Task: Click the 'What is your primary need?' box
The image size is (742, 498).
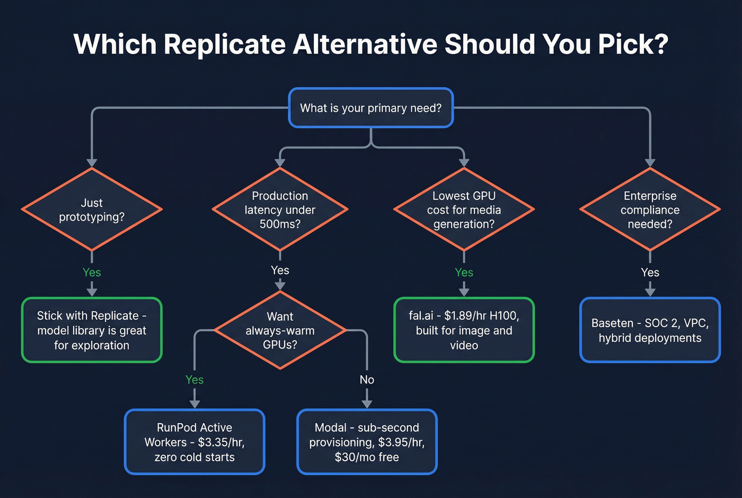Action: (x=370, y=108)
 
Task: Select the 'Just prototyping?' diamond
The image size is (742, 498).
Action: (x=92, y=209)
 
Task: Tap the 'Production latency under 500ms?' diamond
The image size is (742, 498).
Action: (x=280, y=209)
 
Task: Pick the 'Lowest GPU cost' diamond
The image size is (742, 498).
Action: (x=464, y=209)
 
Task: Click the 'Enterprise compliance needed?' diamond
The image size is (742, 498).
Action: (x=650, y=209)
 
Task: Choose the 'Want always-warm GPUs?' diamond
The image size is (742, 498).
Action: (x=280, y=330)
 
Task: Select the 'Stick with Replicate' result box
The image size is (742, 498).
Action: (x=92, y=330)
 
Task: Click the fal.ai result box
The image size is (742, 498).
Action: (x=464, y=330)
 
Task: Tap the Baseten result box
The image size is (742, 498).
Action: (x=650, y=330)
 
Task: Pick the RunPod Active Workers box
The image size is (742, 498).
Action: (x=195, y=442)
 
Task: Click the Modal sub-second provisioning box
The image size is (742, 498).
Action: (x=367, y=442)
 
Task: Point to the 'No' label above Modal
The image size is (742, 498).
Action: (x=367, y=380)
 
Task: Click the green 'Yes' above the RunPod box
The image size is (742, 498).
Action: (x=195, y=380)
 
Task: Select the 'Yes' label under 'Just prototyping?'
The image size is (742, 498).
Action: (x=92, y=272)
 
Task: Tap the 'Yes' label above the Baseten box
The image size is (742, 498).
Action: (x=650, y=272)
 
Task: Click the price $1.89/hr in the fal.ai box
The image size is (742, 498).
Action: (x=465, y=316)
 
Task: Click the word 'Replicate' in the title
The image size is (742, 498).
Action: (x=225, y=44)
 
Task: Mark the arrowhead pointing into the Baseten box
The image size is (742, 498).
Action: (x=650, y=292)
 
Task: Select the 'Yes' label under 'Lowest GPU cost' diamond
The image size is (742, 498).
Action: (x=464, y=272)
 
